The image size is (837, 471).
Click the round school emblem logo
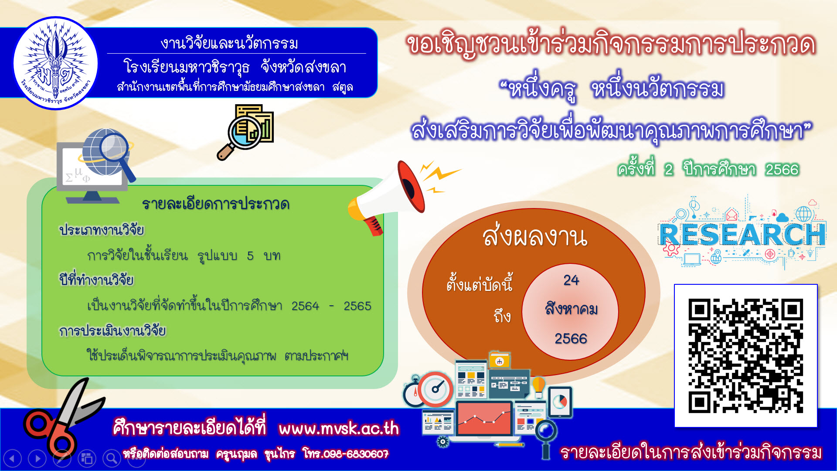(x=55, y=63)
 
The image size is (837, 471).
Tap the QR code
(x=745, y=355)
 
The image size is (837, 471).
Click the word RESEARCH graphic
(x=742, y=234)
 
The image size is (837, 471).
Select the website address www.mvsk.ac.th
(x=339, y=428)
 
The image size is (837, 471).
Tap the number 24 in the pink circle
(x=571, y=280)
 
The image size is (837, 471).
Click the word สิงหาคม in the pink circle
(x=571, y=309)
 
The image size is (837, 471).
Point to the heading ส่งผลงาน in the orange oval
(x=535, y=236)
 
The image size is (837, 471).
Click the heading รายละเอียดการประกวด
(x=216, y=204)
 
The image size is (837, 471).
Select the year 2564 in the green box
(x=305, y=306)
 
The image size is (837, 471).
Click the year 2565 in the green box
(x=357, y=306)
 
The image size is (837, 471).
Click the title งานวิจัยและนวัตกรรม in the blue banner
(x=229, y=43)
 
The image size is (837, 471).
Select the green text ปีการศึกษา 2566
(x=741, y=169)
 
